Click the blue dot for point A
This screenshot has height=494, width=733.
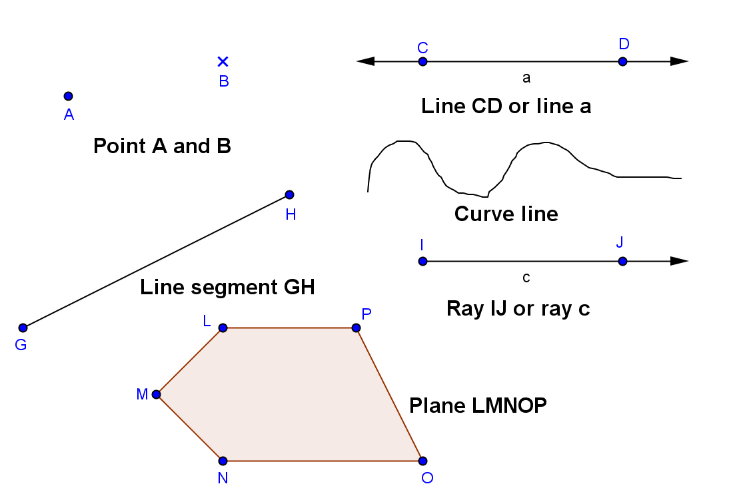tap(68, 96)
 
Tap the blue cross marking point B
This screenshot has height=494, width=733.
tap(223, 61)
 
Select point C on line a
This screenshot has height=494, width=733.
tap(422, 61)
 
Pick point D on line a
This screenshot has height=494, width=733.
tap(622, 61)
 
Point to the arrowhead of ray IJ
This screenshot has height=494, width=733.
tap(679, 261)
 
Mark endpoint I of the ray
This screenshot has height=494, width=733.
tap(422, 261)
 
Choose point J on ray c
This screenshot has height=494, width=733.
tap(622, 261)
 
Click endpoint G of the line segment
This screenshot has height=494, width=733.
tap(23, 328)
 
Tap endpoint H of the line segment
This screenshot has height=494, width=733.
tap(289, 194)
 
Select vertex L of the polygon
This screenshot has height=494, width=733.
tap(223, 328)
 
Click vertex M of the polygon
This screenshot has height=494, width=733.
tap(157, 394)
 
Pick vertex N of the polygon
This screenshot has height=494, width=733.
tap(223, 461)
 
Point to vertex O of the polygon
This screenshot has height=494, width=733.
tap(422, 461)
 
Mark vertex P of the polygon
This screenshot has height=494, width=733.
tap(357, 328)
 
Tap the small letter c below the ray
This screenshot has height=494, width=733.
tap(526, 278)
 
